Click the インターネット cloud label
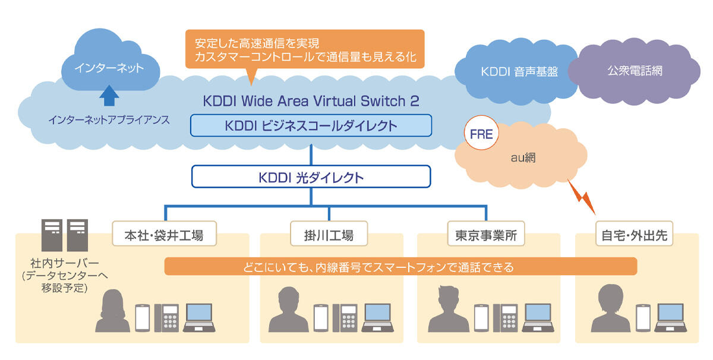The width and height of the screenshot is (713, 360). pyautogui.click(x=109, y=68)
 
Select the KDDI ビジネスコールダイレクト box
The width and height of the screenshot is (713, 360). pyautogui.click(x=311, y=126)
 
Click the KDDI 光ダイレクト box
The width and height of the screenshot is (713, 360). pyautogui.click(x=311, y=176)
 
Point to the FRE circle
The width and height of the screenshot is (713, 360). pyautogui.click(x=481, y=134)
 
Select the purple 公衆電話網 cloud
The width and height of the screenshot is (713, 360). pyautogui.click(x=635, y=71)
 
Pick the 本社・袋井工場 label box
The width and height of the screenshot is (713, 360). pyautogui.click(x=164, y=235)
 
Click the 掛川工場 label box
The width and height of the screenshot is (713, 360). pyautogui.click(x=329, y=235)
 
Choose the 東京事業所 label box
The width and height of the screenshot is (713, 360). pyautogui.click(x=486, y=235)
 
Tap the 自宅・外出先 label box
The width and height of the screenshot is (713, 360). pyautogui.click(x=632, y=235)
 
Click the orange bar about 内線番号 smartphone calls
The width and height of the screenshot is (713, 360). pyautogui.click(x=400, y=267)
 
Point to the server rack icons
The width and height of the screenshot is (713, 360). pyautogui.click(x=61, y=235)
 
